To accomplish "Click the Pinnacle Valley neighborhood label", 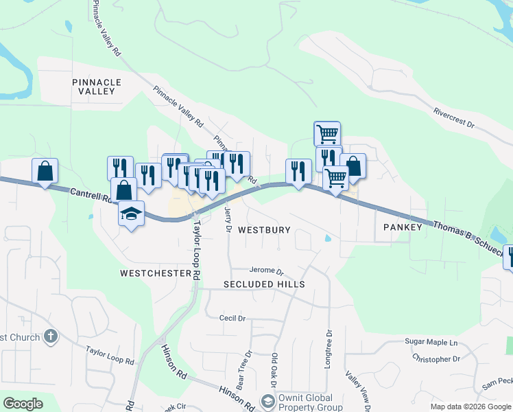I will (x=97, y=87).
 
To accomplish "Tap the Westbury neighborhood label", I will (x=264, y=230).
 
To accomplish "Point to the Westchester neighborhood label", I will (x=155, y=273).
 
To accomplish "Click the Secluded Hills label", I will (x=264, y=284).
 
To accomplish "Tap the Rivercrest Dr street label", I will (x=454, y=118).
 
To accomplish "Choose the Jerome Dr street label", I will (x=267, y=271).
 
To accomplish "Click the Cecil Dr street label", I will (x=232, y=318).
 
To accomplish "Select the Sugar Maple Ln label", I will (x=431, y=341).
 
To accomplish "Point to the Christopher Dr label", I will (x=436, y=358).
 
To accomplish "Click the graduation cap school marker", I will (x=131, y=214).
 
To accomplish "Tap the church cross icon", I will (x=49, y=336).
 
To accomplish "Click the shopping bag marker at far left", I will (x=45, y=170).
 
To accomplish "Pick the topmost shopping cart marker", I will (x=327, y=133).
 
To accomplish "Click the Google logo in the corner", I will (x=23, y=404).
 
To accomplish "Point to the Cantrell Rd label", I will (x=91, y=196).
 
